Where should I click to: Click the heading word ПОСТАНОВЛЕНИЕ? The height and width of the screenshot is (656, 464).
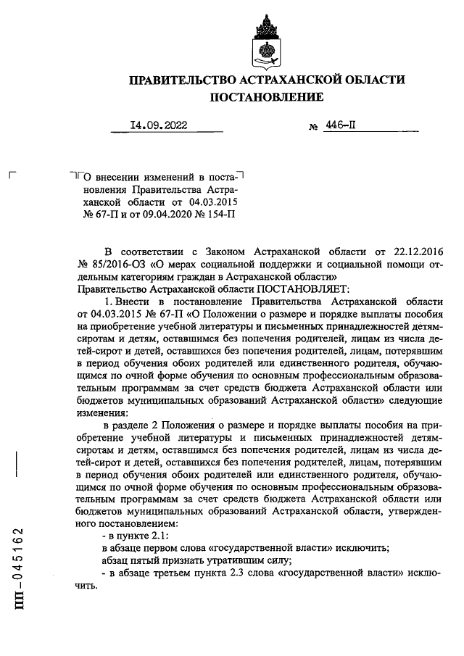[x=267, y=96]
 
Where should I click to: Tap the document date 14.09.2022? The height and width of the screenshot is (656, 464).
[x=158, y=125]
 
